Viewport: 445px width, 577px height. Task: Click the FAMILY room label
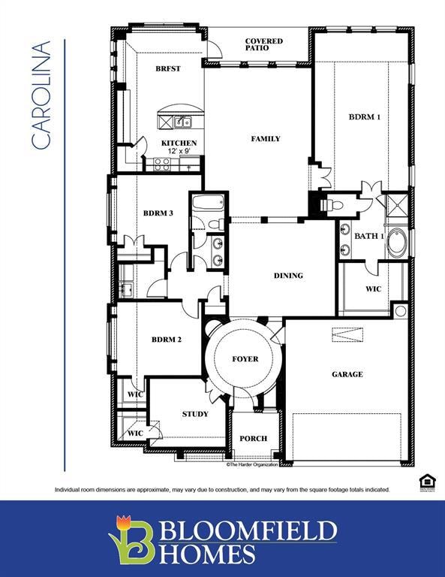pos(266,138)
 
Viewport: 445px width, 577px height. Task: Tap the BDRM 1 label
pos(364,116)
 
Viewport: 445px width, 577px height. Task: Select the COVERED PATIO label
pos(263,44)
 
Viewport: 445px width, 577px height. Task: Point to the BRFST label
pos(167,68)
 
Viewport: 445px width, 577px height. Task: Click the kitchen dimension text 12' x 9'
pos(179,151)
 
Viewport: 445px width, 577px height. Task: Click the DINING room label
pos(288,276)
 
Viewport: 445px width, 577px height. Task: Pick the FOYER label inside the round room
pos(245,359)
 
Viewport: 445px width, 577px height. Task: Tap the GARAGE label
pos(347,374)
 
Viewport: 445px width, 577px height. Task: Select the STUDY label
pos(195,414)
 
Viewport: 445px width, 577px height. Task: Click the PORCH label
pos(253,438)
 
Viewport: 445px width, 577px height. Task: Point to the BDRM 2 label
pos(167,340)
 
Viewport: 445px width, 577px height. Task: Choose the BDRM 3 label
pos(158,213)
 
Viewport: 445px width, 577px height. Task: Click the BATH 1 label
pos(369,236)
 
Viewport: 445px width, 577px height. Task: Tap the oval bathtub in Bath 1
pos(397,242)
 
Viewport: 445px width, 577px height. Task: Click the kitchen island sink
pos(182,122)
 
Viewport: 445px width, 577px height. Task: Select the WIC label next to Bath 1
pos(373,288)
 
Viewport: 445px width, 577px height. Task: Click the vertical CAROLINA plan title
pos(41,95)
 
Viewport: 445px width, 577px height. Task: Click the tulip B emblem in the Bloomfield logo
pos(132,538)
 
